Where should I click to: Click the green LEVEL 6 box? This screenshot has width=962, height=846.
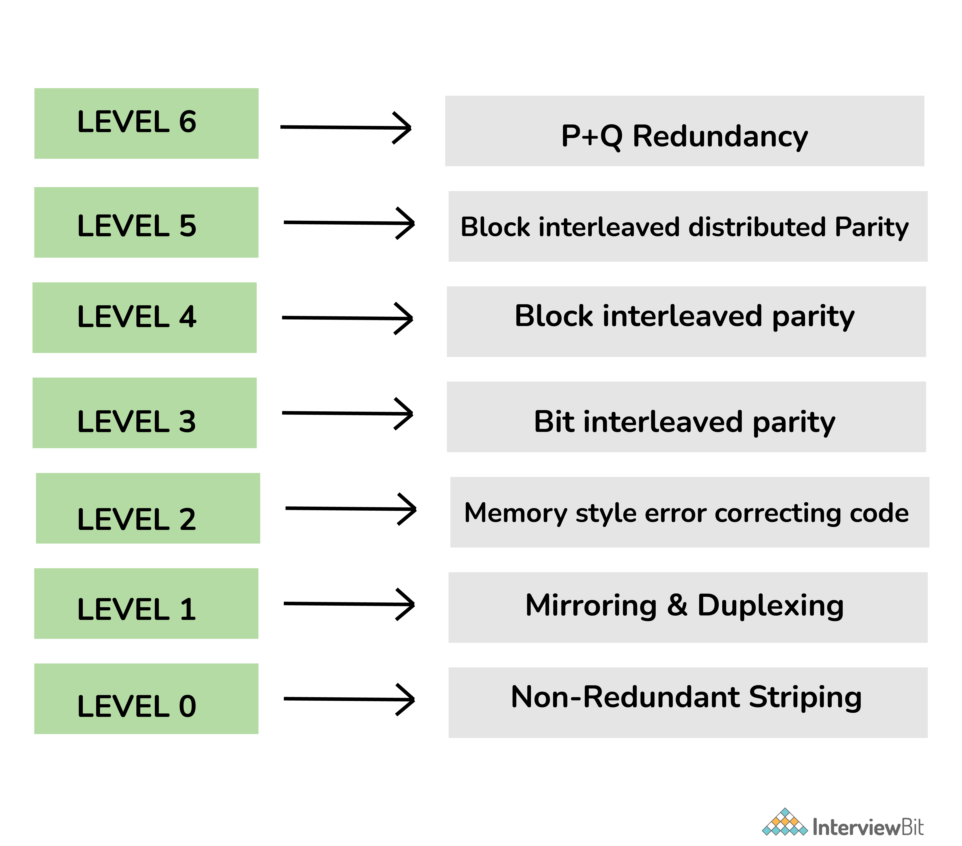click(146, 123)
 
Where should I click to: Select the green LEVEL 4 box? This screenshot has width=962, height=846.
click(144, 318)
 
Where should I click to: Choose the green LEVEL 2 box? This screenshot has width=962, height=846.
click(148, 508)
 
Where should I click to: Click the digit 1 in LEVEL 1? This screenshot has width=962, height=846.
click(188, 609)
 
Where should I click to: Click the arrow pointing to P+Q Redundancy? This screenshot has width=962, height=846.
click(346, 127)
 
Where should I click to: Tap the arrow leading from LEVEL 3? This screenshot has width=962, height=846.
click(347, 414)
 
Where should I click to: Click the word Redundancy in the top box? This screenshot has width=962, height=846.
click(720, 137)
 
